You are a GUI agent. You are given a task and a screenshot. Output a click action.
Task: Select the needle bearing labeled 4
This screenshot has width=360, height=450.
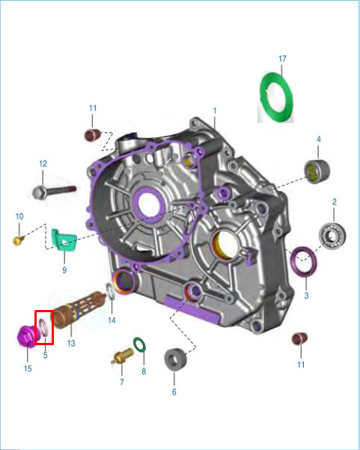tap(317, 171)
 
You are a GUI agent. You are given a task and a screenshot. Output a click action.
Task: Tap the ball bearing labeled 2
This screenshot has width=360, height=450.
tap(332, 235)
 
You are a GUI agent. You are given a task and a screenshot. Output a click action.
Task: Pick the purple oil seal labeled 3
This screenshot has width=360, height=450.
tap(304, 273)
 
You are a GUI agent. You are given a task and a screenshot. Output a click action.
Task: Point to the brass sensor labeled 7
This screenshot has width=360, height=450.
tap(123, 356)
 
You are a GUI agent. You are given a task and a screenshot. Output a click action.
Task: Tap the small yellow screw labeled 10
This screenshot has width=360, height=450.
tap(19, 240)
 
